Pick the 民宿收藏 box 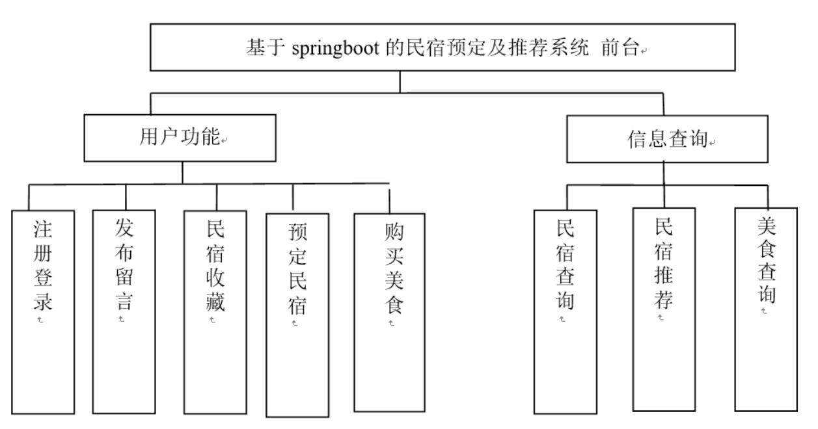[x=214, y=312]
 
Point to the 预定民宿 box [x=297, y=315]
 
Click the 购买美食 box [x=389, y=312]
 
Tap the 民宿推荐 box [x=664, y=309]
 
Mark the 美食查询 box [x=766, y=309]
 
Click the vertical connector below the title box [x=400, y=81]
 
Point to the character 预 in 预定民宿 [x=297, y=232]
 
